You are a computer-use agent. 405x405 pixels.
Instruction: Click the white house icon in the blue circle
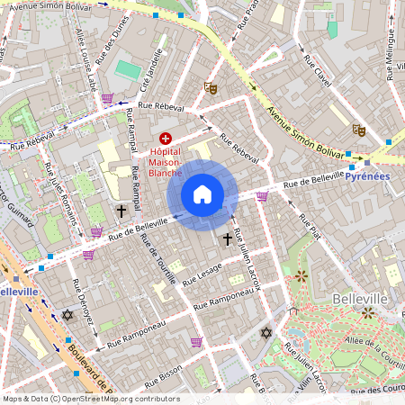pyautogui.click(x=202, y=194)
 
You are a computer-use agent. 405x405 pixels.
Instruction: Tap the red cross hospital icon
pyautogui.click(x=165, y=137)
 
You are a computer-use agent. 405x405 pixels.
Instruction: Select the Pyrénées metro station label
pyautogui.click(x=367, y=175)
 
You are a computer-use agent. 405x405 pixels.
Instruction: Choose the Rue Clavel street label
pyautogui.click(x=318, y=72)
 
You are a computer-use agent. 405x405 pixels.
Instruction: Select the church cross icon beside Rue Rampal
pyautogui.click(x=121, y=211)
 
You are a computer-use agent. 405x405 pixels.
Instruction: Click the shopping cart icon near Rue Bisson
pyautogui.click(x=196, y=342)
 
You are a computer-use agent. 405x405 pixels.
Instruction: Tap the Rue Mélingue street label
pyautogui.click(x=392, y=54)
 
